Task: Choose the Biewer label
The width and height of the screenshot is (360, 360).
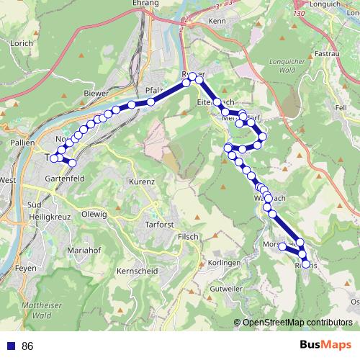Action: tap(96, 93)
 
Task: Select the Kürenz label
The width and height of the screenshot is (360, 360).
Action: tap(142, 181)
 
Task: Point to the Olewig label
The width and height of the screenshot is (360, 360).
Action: tap(94, 214)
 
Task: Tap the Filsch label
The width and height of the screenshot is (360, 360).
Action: tap(188, 236)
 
